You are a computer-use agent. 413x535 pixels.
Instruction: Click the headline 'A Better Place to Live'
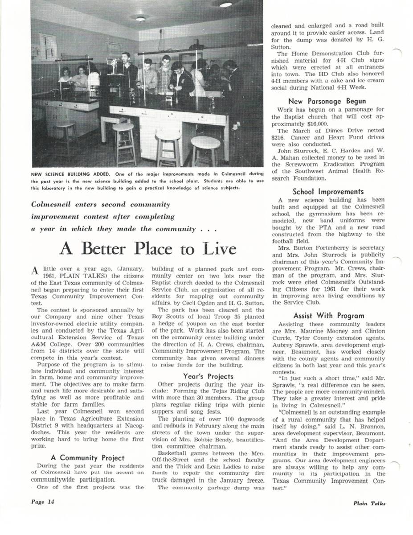pos(148,248)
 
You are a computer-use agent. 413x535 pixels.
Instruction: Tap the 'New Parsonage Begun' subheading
pos(327,101)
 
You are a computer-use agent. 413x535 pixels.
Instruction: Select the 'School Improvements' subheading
pos(328,192)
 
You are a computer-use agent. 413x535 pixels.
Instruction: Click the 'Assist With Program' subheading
pos(328,316)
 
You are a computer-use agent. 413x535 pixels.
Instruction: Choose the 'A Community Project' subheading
pos(88,457)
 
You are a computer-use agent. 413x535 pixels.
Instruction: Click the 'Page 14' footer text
pos(43,502)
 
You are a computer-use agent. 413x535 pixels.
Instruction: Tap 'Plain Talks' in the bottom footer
pos(369,503)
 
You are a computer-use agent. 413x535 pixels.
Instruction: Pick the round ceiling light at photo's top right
pos(226,5)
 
